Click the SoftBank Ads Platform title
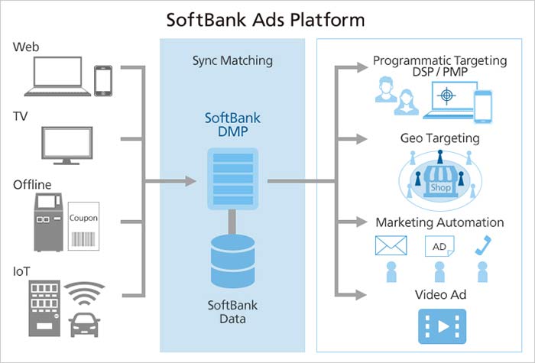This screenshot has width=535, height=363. click(265, 19)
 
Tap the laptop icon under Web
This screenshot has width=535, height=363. click(57, 76)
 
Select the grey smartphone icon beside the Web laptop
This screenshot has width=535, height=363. click(103, 81)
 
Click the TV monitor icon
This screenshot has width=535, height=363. click(67, 146)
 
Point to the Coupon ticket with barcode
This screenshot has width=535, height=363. click(83, 226)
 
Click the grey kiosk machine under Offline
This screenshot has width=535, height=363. click(48, 222)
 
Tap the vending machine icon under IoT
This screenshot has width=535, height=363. click(44, 309)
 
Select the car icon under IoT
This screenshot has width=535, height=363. click(84, 325)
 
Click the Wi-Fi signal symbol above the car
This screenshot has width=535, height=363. click(84, 293)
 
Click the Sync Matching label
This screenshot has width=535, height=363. click(232, 60)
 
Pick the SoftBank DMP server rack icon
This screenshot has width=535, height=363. click(232, 178)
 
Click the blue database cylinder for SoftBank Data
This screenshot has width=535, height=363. click(232, 261)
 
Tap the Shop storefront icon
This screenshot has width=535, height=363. click(440, 182)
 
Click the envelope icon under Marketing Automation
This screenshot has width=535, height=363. click(391, 245)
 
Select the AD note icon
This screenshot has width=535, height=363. click(439, 246)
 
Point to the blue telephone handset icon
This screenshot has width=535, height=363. click(483, 245)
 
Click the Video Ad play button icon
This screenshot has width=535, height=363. click(443, 326)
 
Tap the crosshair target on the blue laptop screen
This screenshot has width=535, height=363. click(446, 95)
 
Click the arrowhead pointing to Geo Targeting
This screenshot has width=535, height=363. click(362, 139)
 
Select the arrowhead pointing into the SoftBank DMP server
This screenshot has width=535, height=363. click(191, 181)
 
